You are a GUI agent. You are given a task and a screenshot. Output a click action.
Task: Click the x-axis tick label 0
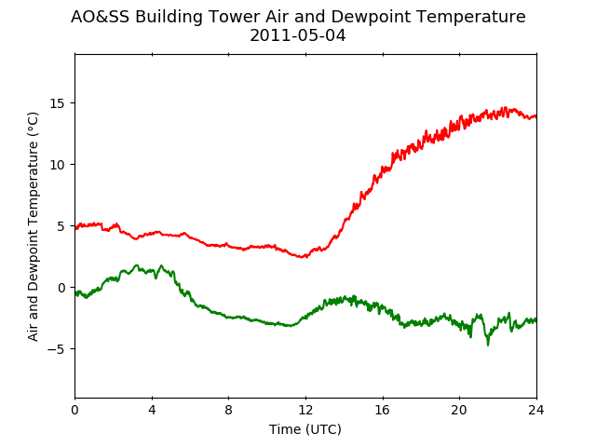click(74, 410)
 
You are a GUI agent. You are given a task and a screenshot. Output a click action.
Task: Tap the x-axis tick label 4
click(152, 410)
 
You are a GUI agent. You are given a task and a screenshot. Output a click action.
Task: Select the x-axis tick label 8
click(229, 410)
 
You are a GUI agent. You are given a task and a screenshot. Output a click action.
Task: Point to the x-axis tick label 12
click(305, 410)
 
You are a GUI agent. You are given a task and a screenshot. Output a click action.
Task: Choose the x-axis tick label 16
click(383, 410)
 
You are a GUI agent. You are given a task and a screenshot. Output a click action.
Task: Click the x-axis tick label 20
click(459, 410)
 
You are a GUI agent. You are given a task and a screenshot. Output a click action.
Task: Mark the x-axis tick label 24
click(536, 410)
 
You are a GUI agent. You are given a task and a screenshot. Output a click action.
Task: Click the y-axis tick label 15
click(58, 103)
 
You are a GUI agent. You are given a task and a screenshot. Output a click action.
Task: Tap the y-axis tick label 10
click(58, 165)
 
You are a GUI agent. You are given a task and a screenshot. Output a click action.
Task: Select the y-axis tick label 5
click(61, 226)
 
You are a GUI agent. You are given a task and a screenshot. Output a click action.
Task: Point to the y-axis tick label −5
click(56, 349)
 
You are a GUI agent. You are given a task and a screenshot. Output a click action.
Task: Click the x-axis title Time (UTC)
click(305, 429)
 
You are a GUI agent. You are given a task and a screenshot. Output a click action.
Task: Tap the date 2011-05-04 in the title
click(298, 35)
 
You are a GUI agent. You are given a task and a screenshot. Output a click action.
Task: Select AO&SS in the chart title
click(101, 17)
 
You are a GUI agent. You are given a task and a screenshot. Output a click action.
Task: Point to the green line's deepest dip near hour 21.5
click(488, 345)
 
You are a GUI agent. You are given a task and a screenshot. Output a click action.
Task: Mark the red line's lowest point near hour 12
click(303, 257)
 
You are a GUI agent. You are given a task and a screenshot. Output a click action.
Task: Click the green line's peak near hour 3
click(137, 264)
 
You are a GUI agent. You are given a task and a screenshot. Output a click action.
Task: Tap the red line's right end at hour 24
click(536, 116)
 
